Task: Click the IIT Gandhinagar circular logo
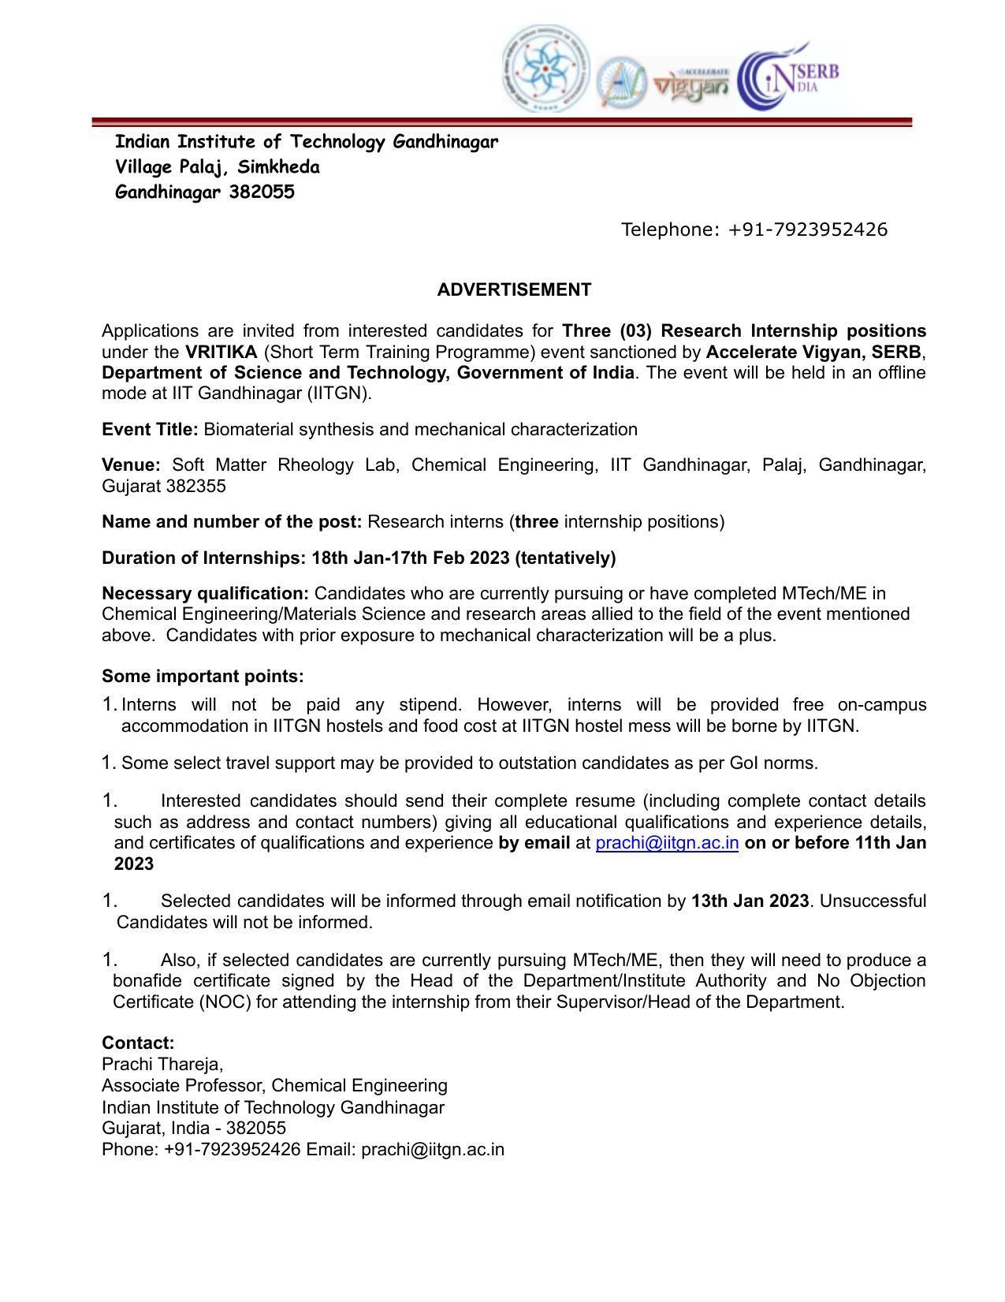pyautogui.click(x=545, y=69)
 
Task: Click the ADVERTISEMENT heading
pyautogui.click(x=514, y=290)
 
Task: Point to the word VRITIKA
pyautogui.click(x=221, y=352)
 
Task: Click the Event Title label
pyautogui.click(x=150, y=430)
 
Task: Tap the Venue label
pyautogui.click(x=131, y=465)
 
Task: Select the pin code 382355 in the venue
pyautogui.click(x=195, y=486)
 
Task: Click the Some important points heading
pyautogui.click(x=203, y=677)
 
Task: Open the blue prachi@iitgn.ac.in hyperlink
pyautogui.click(x=667, y=843)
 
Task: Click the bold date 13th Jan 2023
pyautogui.click(x=750, y=901)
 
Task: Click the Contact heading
pyautogui.click(x=138, y=1043)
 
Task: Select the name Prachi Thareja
pyautogui.click(x=162, y=1065)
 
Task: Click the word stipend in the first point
pyautogui.click(x=426, y=704)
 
